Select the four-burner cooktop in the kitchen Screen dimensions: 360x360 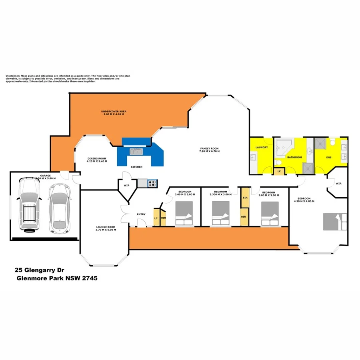(152, 183)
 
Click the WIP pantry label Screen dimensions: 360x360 (126, 185)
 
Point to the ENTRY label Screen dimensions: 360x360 (141, 214)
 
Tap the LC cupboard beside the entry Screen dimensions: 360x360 (156, 218)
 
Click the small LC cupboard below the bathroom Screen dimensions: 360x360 (279, 171)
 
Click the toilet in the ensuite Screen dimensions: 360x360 (333, 142)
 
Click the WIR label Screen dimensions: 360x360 (338, 184)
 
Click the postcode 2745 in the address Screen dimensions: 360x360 (89, 278)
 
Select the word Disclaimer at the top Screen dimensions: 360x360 (12, 76)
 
